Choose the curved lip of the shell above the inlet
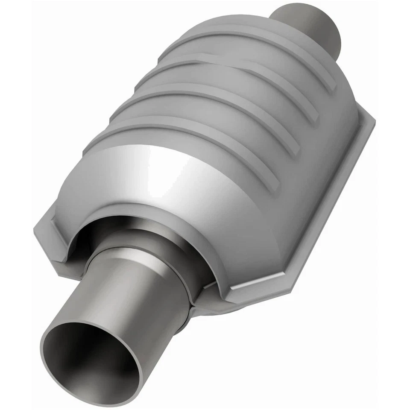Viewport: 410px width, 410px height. coord(141,214)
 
